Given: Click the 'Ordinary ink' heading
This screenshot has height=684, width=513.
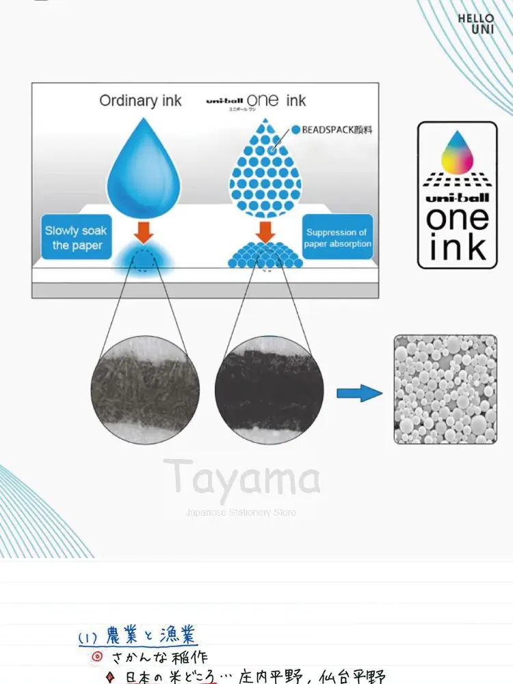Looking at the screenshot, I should (x=140, y=101).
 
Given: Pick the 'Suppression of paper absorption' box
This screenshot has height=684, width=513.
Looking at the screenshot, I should (x=337, y=238).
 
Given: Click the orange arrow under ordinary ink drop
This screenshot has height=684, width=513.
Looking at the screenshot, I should (x=143, y=233).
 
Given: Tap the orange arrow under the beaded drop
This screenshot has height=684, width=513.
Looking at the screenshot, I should (x=263, y=233).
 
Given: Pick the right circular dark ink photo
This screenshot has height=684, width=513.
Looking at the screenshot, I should (x=269, y=390).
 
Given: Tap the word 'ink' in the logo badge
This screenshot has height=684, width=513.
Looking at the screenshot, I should (x=457, y=247).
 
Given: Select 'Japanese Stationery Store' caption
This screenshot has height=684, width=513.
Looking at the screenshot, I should (x=241, y=512).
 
